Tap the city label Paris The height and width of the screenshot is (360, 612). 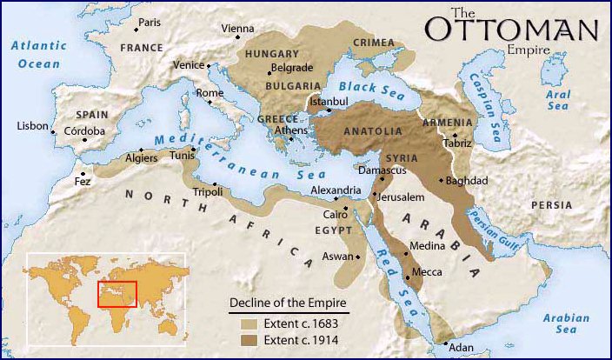[x=150, y=22]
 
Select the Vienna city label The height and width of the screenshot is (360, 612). [x=237, y=29]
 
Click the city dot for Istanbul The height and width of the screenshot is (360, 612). [x=329, y=110]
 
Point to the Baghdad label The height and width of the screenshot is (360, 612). [x=467, y=181]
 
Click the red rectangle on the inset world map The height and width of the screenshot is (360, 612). [x=116, y=295]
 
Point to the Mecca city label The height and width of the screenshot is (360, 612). [x=426, y=272]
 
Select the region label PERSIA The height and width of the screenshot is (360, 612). [x=553, y=205]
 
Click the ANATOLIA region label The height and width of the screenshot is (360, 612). [x=373, y=131]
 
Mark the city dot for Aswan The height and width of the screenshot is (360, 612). [x=358, y=257]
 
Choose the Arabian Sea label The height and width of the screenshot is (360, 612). [x=566, y=324]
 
